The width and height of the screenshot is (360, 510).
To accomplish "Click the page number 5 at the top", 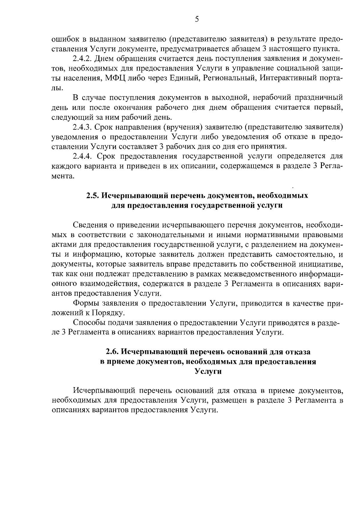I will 197,20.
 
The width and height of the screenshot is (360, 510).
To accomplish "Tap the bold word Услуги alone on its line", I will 208,372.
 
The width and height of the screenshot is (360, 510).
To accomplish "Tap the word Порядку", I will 108,313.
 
